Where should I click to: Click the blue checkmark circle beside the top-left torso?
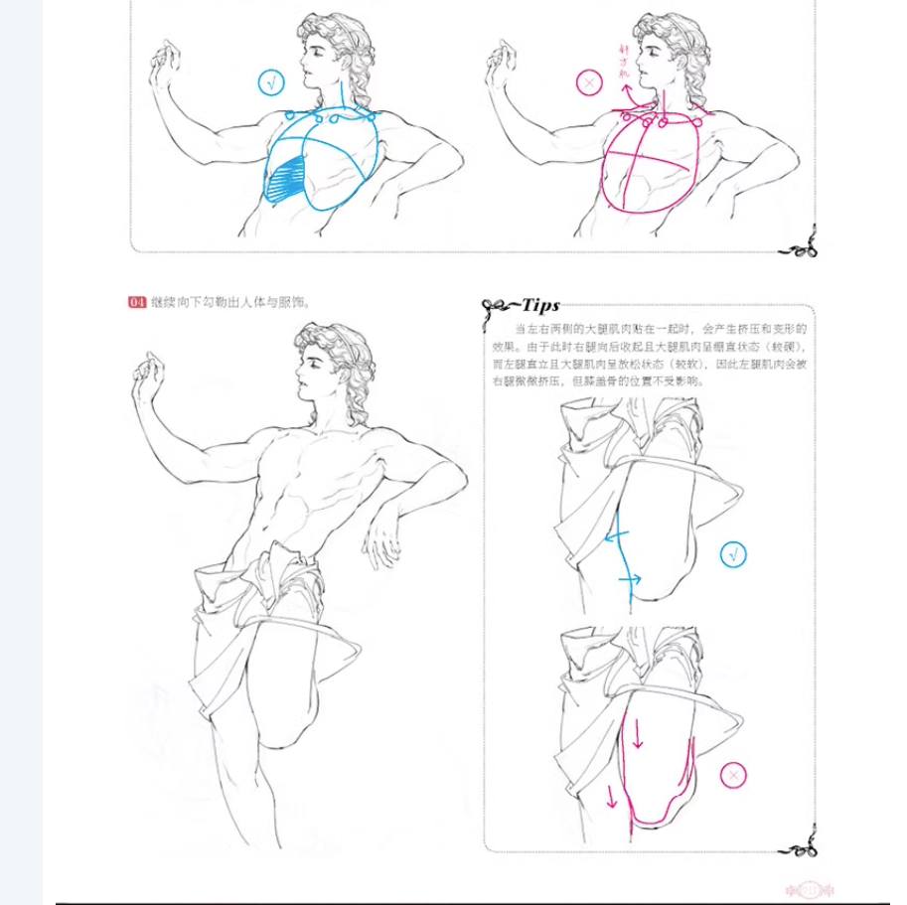(x=271, y=82)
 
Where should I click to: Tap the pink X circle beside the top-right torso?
(x=590, y=83)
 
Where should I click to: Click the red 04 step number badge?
(x=138, y=303)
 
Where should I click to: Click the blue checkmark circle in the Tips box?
(x=733, y=553)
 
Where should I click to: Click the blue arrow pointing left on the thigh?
(x=612, y=536)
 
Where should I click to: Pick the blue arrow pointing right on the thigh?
(x=632, y=578)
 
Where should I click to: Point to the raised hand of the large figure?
(x=149, y=375)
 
